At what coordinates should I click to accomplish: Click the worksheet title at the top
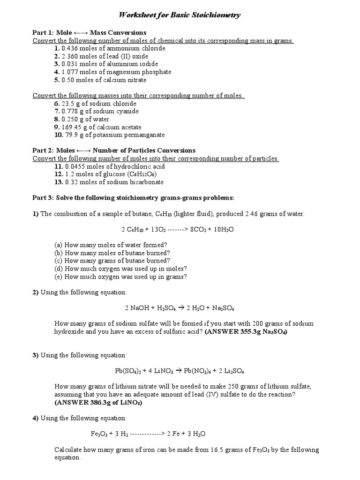click(180, 15)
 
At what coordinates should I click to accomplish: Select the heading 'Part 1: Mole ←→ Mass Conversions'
click(89, 33)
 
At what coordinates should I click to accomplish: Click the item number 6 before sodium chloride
click(57, 104)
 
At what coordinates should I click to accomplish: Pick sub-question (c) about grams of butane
click(112, 261)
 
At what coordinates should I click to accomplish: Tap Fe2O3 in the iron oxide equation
click(99, 434)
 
